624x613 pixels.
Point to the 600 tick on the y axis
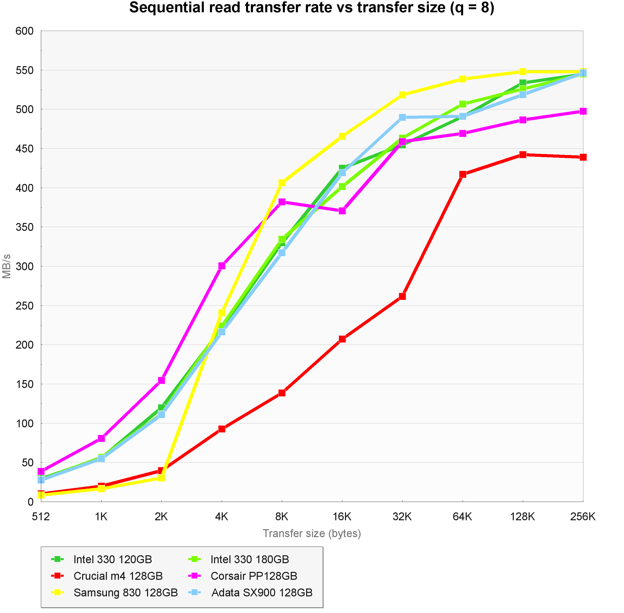click(x=25, y=31)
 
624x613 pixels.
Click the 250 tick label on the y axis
click(x=25, y=305)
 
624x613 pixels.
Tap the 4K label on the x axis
click(x=221, y=517)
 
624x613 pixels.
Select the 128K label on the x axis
click(x=522, y=517)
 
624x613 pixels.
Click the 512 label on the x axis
click(x=41, y=517)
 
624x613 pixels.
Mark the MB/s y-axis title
click(x=6, y=266)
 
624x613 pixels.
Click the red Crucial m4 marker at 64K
click(x=463, y=174)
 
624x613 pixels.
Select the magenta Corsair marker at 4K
click(x=222, y=266)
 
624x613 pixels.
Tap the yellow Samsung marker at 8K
click(x=282, y=183)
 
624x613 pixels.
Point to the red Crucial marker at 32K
click(x=402, y=296)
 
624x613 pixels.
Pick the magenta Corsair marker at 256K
click(x=583, y=111)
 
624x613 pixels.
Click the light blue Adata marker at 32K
click(x=402, y=117)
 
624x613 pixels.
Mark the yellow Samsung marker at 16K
click(x=342, y=136)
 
